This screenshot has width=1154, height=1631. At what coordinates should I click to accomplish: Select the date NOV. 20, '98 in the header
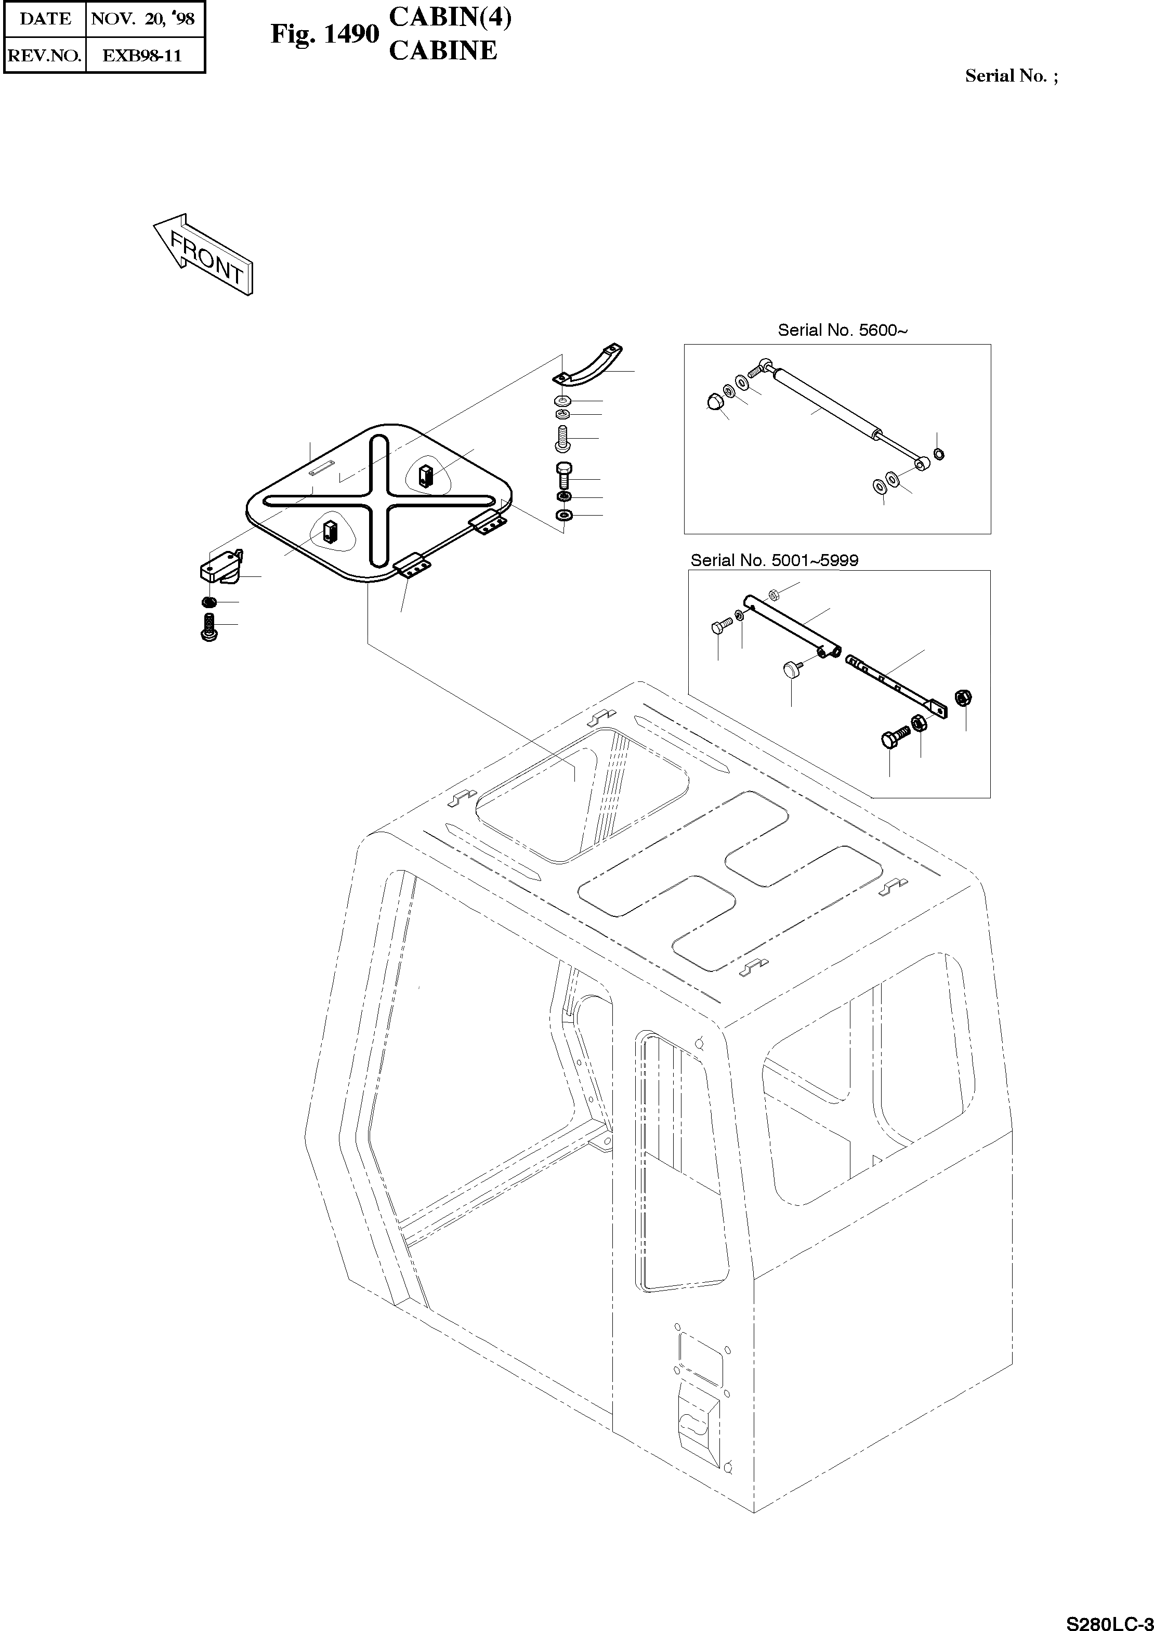click(x=143, y=19)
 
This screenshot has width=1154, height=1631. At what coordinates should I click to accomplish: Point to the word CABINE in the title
click(x=443, y=50)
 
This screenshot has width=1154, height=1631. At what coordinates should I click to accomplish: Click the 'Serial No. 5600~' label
click(x=842, y=331)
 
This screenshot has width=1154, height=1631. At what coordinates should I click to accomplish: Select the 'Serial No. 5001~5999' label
click(x=774, y=560)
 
